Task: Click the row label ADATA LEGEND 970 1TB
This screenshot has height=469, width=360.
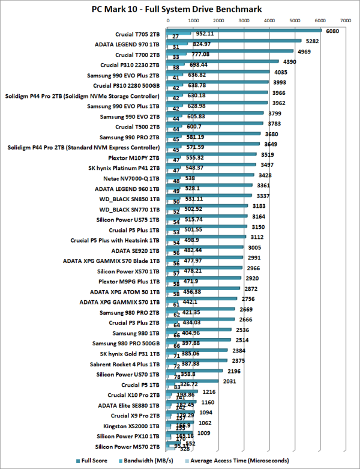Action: click(127, 44)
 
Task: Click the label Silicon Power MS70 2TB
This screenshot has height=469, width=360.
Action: click(127, 446)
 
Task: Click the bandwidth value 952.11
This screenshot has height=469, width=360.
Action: click(205, 34)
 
